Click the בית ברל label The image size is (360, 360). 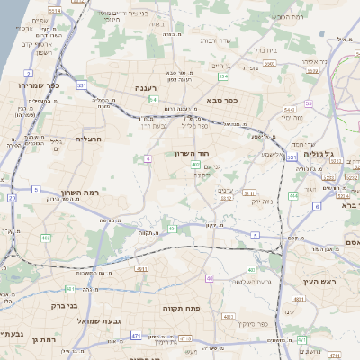coord(258,51)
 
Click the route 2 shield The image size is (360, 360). coord(29,73)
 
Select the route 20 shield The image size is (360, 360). coord(13,196)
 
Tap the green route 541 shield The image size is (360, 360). coord(154,99)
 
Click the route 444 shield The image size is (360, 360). coord(293,195)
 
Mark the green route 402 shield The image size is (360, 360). coord(195,166)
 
